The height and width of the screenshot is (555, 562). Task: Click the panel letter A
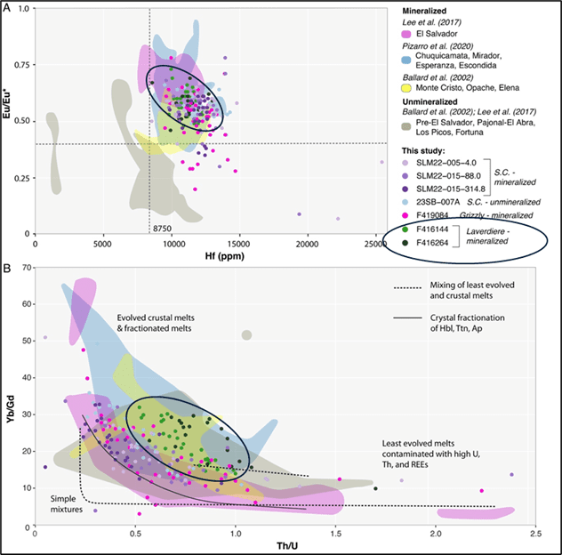[x=8, y=8]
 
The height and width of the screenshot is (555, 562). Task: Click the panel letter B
[x=8, y=267]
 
